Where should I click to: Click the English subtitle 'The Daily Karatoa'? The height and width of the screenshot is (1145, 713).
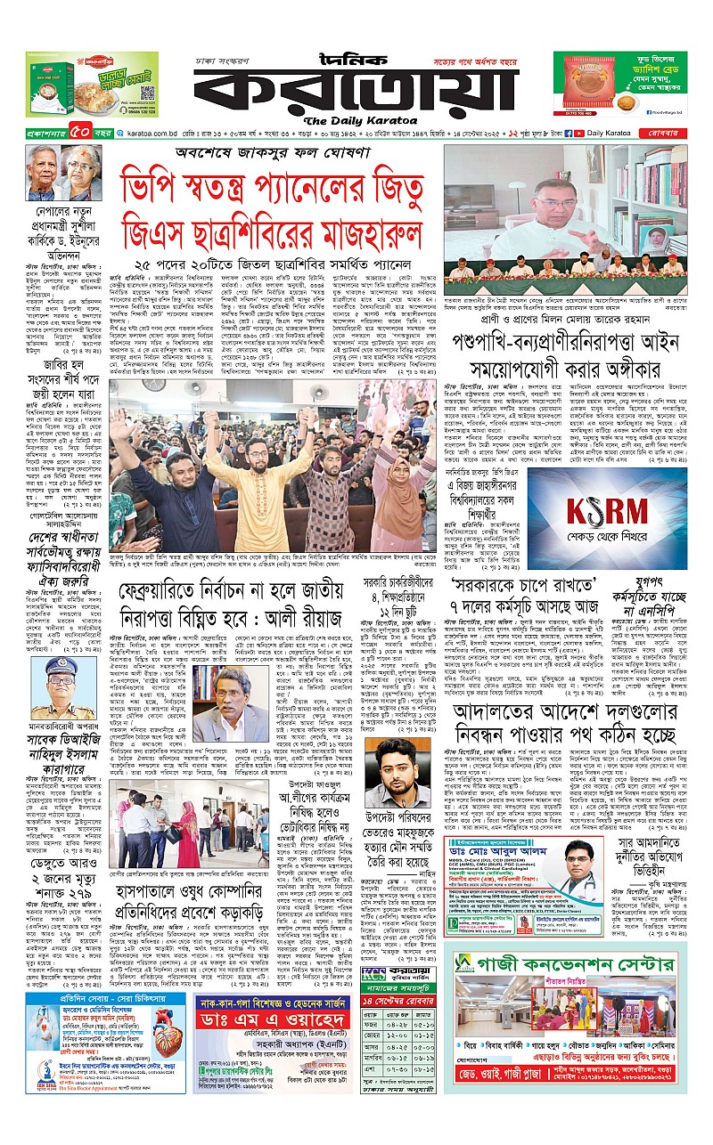(356, 121)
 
